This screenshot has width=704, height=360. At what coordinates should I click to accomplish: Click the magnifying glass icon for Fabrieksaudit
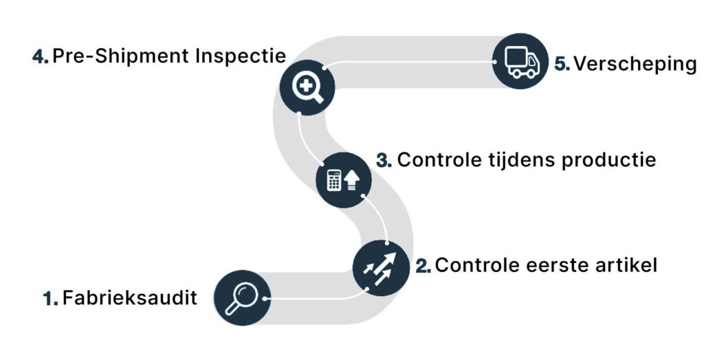tap(242, 298)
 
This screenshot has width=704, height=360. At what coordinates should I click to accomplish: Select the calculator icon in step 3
tap(333, 180)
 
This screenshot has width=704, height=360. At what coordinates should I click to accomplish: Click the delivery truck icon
tap(521, 62)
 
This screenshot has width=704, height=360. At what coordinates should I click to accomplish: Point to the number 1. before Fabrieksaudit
tap(51, 298)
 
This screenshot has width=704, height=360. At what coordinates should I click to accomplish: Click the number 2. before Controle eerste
tap(423, 266)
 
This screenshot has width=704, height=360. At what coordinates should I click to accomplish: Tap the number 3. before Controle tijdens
tap(384, 160)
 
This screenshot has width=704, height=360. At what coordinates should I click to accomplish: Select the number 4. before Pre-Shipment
tap(41, 56)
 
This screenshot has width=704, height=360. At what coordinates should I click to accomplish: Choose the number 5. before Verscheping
tap(562, 64)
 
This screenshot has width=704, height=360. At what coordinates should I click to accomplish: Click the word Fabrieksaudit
tap(130, 297)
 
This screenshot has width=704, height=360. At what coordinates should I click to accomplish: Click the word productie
tap(609, 161)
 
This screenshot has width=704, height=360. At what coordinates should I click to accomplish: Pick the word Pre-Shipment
tap(121, 56)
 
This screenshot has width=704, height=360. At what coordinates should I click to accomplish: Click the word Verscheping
tap(635, 64)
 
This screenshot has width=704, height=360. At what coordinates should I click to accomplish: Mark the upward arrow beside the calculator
tap(351, 181)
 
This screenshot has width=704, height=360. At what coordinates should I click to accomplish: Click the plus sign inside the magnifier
tap(305, 85)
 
